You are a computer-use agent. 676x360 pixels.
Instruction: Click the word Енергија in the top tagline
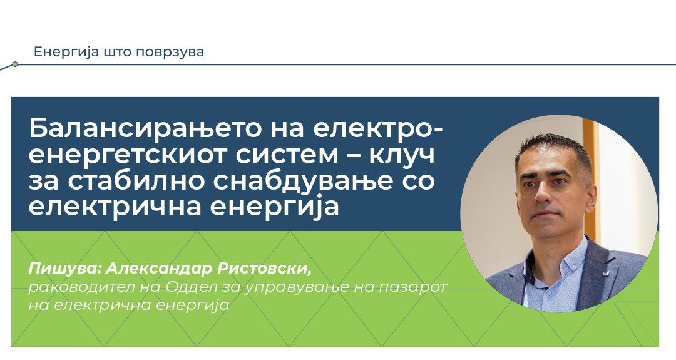tap(59, 52)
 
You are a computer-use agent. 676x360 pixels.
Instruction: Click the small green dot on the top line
tap(15, 64)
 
